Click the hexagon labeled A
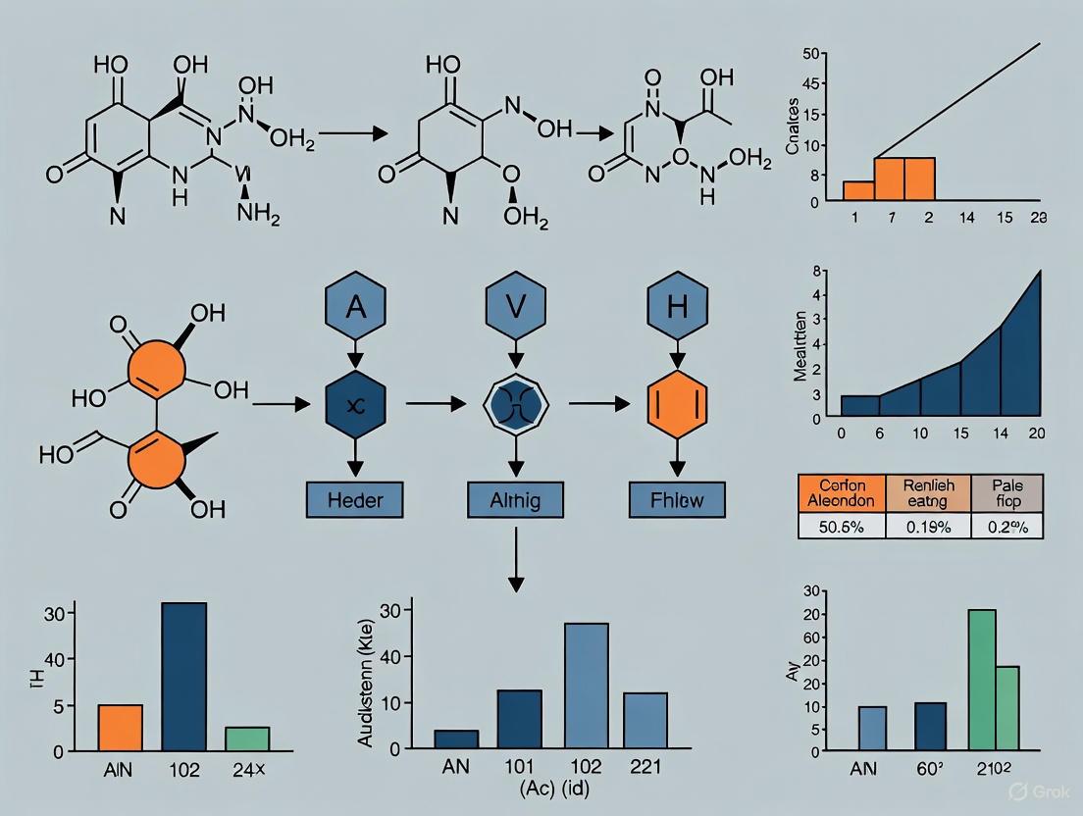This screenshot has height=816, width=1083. (x=355, y=306)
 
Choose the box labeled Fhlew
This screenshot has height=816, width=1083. (x=678, y=500)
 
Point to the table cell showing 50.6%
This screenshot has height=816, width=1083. (x=842, y=525)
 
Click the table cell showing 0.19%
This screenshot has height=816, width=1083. (x=927, y=525)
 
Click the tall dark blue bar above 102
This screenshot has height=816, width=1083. (x=184, y=677)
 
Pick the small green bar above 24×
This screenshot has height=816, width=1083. (x=247, y=739)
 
